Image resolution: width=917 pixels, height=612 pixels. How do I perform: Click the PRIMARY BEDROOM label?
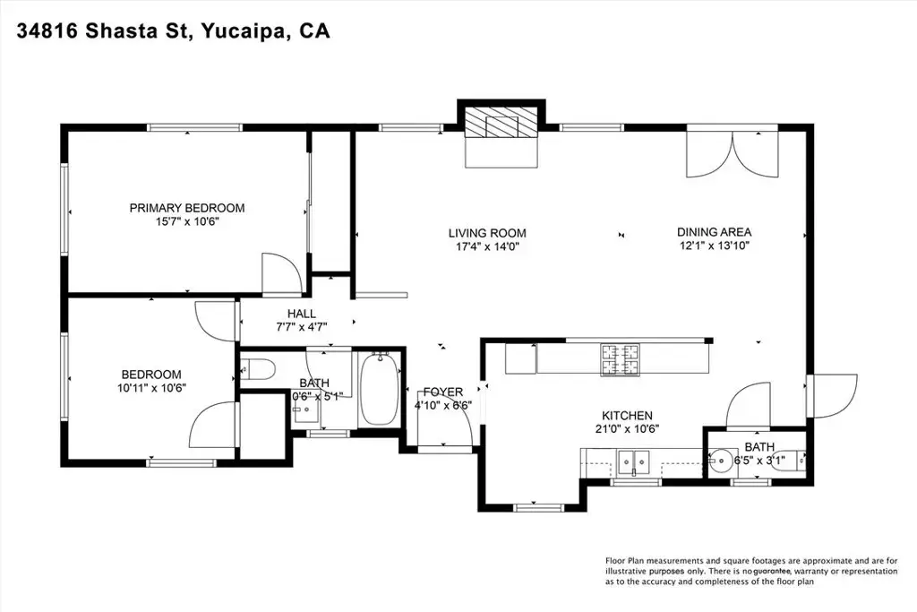(x=187, y=208)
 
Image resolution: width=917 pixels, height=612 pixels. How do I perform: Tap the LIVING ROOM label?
(x=487, y=233)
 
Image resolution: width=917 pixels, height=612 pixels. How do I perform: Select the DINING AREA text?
(x=714, y=232)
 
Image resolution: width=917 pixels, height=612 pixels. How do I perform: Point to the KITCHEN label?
(x=627, y=416)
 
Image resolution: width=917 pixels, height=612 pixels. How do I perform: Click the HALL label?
(x=302, y=314)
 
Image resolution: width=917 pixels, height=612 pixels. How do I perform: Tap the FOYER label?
(x=443, y=392)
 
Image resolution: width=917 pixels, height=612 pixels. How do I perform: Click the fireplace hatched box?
(x=501, y=123)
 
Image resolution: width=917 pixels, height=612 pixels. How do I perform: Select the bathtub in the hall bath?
(x=379, y=389)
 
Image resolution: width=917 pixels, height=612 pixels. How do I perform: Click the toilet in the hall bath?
(x=258, y=369)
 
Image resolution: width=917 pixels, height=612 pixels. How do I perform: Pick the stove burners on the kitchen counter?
(x=620, y=359)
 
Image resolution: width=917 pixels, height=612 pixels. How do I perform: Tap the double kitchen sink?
(x=634, y=462)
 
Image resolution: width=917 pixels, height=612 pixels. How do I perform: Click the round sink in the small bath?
(x=723, y=461)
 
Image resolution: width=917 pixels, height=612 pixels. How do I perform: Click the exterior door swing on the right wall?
(x=832, y=396)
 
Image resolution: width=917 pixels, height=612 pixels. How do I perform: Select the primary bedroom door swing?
(x=282, y=273)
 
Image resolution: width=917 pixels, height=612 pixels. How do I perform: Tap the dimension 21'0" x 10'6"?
(x=627, y=429)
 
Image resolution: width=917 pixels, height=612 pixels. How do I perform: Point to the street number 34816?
(x=48, y=31)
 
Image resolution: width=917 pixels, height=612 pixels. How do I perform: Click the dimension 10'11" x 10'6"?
(x=151, y=387)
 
